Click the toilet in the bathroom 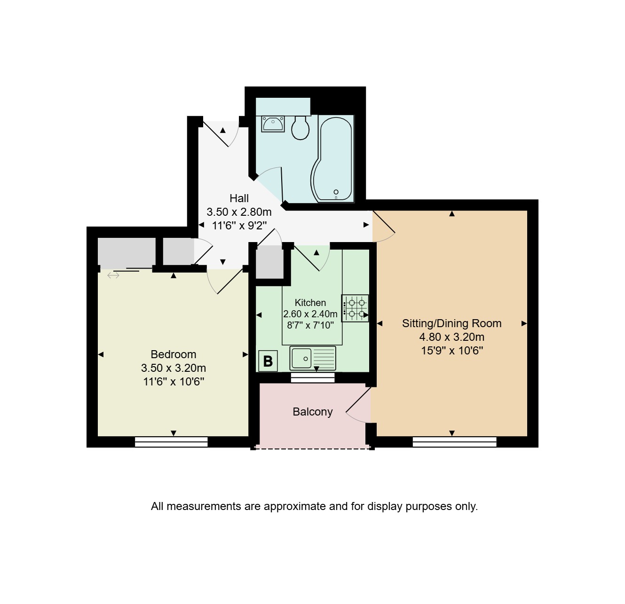click(x=300, y=128)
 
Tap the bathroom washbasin click(x=273, y=124)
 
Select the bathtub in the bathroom click(x=333, y=159)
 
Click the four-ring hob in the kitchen click(x=355, y=308)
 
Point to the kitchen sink click(x=312, y=358)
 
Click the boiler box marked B click(x=268, y=361)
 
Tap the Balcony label click(x=312, y=412)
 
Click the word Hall click(x=239, y=198)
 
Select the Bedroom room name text click(x=174, y=354)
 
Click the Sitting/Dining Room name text click(x=451, y=323)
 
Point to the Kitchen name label click(x=310, y=303)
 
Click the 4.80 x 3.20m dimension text click(x=451, y=337)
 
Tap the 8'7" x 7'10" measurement click(x=310, y=325)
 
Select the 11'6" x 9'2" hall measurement click(x=239, y=226)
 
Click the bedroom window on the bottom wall click(x=171, y=442)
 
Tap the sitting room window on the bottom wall click(x=454, y=442)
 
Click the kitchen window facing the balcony click(x=313, y=377)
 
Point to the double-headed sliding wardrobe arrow click(x=113, y=275)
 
